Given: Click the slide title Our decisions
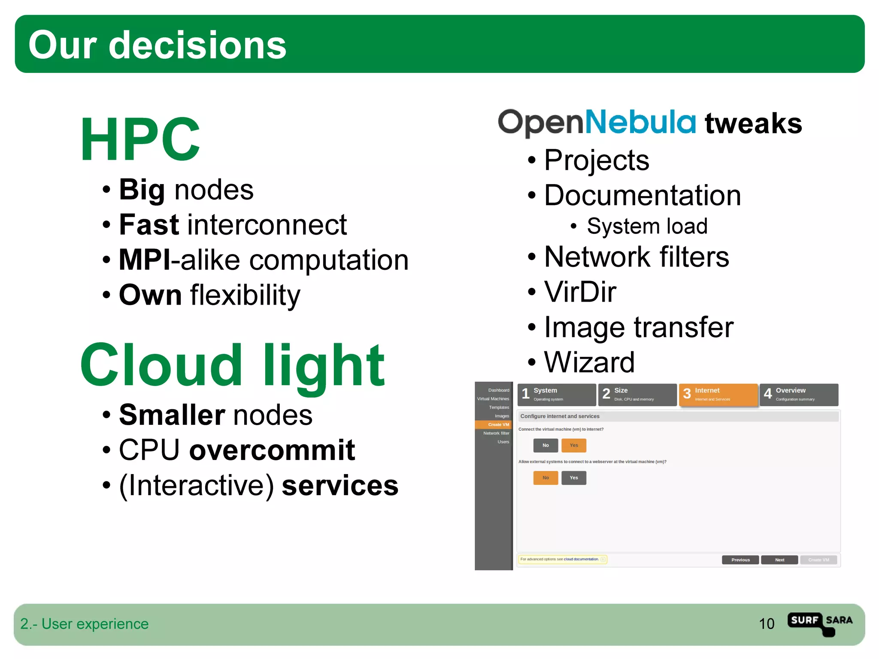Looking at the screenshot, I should [x=157, y=45].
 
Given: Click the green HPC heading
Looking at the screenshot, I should [x=140, y=140].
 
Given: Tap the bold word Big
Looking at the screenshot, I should [x=142, y=190].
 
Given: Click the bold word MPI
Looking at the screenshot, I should [x=144, y=260].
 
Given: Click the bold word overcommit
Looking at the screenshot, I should [x=272, y=450].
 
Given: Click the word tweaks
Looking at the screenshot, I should [x=753, y=124].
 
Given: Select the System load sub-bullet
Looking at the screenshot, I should [x=647, y=226].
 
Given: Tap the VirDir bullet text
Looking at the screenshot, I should [x=580, y=292].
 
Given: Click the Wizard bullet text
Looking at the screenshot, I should [x=589, y=363].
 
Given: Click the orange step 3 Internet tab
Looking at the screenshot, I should [x=718, y=394].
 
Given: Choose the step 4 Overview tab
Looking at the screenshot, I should [x=799, y=394].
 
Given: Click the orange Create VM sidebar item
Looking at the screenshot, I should [x=494, y=425].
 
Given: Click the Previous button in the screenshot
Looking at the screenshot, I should [x=740, y=560].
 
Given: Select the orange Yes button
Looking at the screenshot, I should [x=573, y=445].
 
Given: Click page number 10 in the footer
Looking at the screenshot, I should [x=767, y=624].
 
